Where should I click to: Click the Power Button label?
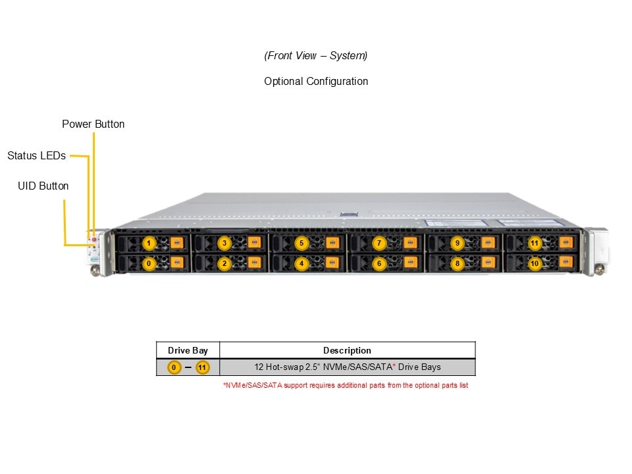click(93, 124)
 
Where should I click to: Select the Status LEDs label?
click(36, 156)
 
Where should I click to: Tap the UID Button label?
click(43, 186)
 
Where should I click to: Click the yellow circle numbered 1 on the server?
click(149, 243)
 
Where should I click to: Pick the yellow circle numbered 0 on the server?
click(149, 263)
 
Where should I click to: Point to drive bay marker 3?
click(224, 243)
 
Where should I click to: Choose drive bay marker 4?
click(302, 263)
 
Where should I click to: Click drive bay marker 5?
click(302, 243)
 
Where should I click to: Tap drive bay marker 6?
click(379, 263)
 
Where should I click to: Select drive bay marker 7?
click(379, 243)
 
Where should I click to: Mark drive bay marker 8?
click(457, 263)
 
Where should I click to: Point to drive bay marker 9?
click(457, 243)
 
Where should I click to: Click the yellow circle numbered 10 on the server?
click(535, 263)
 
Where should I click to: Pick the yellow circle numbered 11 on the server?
click(535, 243)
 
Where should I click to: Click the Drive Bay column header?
click(188, 350)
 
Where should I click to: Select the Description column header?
click(347, 350)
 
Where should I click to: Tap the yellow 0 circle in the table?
click(174, 367)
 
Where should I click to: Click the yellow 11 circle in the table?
click(202, 367)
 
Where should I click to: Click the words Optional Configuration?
click(316, 82)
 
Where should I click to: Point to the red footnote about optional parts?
click(346, 385)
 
